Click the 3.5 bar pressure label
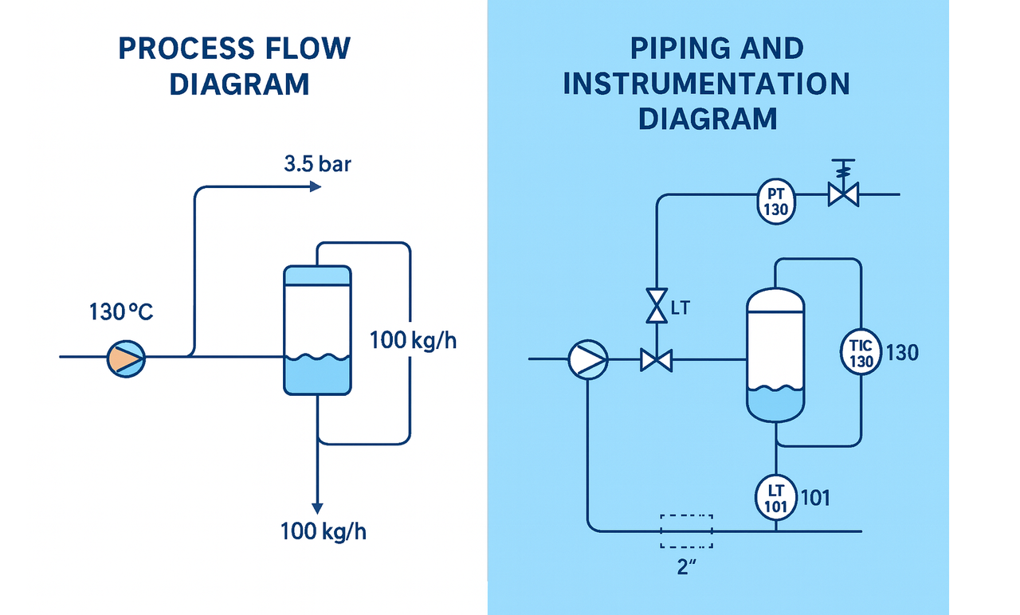317,166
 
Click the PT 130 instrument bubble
775,202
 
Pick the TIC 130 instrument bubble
861,352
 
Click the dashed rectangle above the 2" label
686,531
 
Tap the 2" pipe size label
686,569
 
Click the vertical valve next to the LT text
657,305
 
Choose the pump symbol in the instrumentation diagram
588,360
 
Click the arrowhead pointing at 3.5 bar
315,186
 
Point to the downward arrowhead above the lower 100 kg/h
317,507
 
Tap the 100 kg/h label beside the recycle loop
413,341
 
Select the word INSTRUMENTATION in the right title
706,84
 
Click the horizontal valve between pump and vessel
656,361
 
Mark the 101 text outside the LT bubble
814,498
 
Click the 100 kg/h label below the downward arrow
324,531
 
